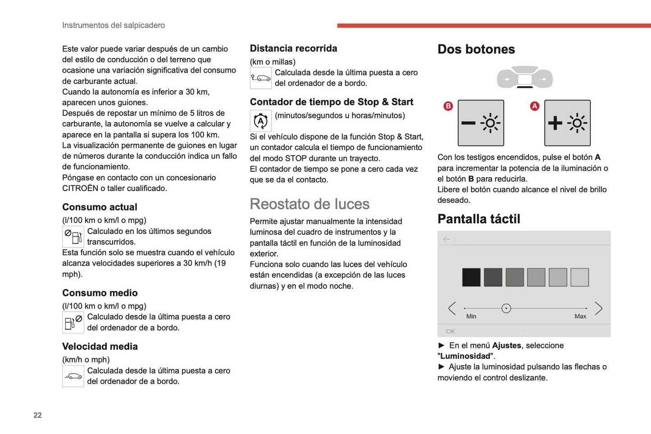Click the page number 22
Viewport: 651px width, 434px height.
click(x=37, y=415)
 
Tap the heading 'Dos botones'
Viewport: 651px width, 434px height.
click(x=476, y=49)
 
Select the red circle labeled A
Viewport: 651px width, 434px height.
click(x=534, y=106)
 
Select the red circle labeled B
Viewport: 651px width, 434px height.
click(x=448, y=106)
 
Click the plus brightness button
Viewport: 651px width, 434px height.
click(x=567, y=123)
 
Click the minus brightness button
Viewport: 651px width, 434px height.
click(x=481, y=123)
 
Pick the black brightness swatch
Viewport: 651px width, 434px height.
click(x=471, y=277)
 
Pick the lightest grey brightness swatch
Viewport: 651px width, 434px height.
click(x=579, y=277)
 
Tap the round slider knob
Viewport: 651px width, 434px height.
click(x=506, y=308)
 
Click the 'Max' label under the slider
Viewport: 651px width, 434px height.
click(x=580, y=316)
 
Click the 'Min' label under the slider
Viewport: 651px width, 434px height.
click(x=471, y=316)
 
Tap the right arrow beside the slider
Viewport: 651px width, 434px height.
click(x=598, y=308)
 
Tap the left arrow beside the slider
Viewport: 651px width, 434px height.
click(x=452, y=308)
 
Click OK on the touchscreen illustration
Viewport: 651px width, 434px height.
click(x=450, y=331)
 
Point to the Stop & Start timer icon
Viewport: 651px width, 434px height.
click(x=260, y=121)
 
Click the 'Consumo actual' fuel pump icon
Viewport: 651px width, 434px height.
click(x=73, y=236)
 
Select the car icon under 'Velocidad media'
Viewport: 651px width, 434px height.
click(x=73, y=376)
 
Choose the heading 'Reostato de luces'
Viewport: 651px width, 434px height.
click(x=310, y=204)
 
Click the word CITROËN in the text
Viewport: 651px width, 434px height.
click(x=80, y=188)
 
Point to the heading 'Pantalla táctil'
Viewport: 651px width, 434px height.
click(x=478, y=219)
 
